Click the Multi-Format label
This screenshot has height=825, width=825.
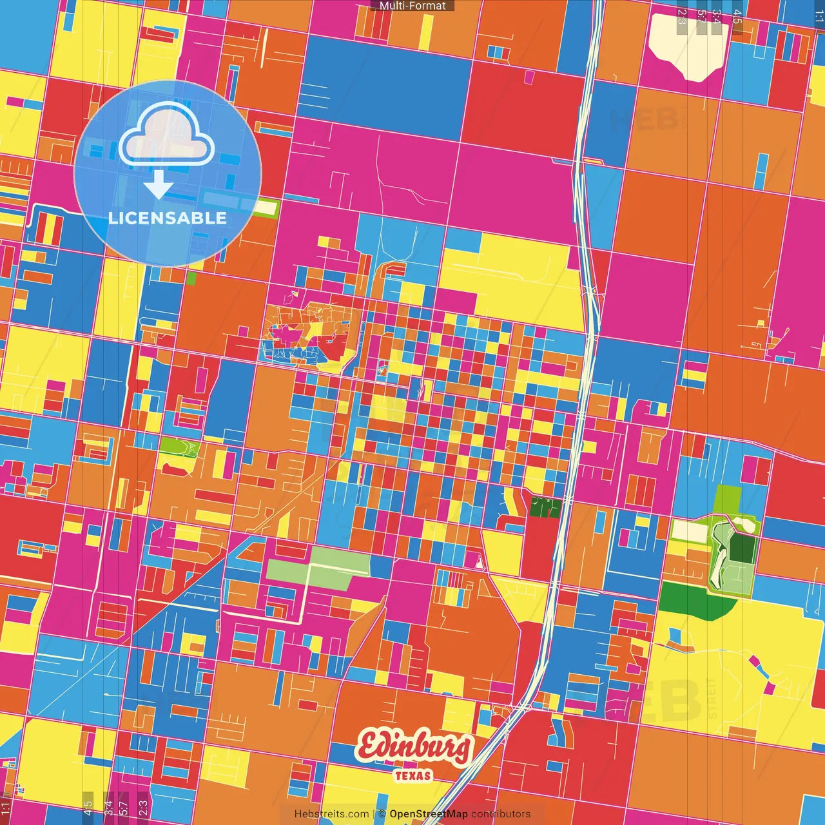coord(412,6)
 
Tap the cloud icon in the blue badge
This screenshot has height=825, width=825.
coord(166,135)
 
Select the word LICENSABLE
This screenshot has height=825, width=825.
coord(168,218)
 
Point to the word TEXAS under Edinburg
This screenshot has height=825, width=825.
coord(413,775)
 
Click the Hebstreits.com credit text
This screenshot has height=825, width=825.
coord(331,814)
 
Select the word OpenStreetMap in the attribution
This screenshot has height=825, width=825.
coord(429,814)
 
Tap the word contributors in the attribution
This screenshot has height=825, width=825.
coord(501,814)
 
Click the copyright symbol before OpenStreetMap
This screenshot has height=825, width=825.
coord(382,814)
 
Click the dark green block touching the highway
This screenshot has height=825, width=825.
coord(545,507)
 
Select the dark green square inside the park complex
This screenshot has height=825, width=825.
coord(742,547)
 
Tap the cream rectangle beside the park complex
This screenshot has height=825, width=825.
coord(690,531)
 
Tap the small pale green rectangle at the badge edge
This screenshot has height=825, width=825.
coord(266,208)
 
